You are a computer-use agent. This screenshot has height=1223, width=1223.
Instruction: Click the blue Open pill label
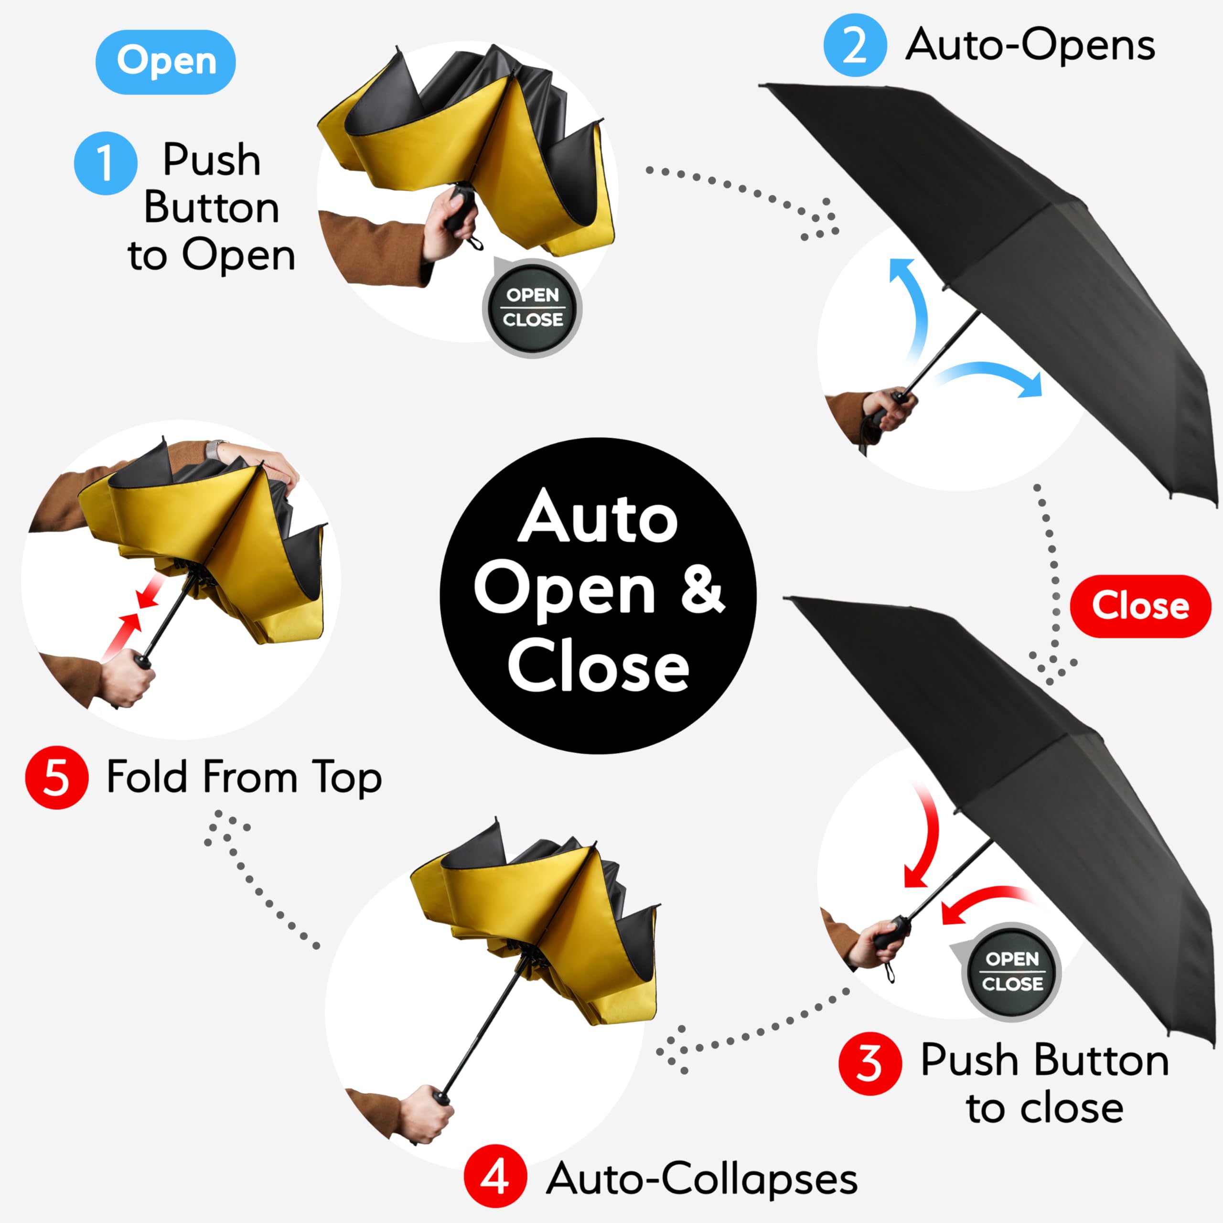pos(166,62)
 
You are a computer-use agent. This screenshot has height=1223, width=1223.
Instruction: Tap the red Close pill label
pos(1140,606)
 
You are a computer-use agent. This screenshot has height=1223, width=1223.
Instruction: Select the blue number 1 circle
pos(105,163)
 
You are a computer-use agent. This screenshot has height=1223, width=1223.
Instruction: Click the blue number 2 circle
pos(855,45)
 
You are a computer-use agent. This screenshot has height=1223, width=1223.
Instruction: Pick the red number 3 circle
pos(870,1063)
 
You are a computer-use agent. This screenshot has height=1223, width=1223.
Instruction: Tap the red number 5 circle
pos(56,777)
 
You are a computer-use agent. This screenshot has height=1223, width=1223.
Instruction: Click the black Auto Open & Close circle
pos(598,595)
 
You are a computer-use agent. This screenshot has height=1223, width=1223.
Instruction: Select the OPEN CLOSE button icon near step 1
pos(532,308)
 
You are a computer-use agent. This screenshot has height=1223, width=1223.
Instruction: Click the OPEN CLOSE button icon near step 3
pos(1011,971)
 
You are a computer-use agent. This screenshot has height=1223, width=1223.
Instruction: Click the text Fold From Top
pos(244,777)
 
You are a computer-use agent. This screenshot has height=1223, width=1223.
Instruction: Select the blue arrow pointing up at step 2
pos(912,304)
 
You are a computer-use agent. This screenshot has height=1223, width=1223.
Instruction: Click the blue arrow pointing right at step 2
pos(994,376)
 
